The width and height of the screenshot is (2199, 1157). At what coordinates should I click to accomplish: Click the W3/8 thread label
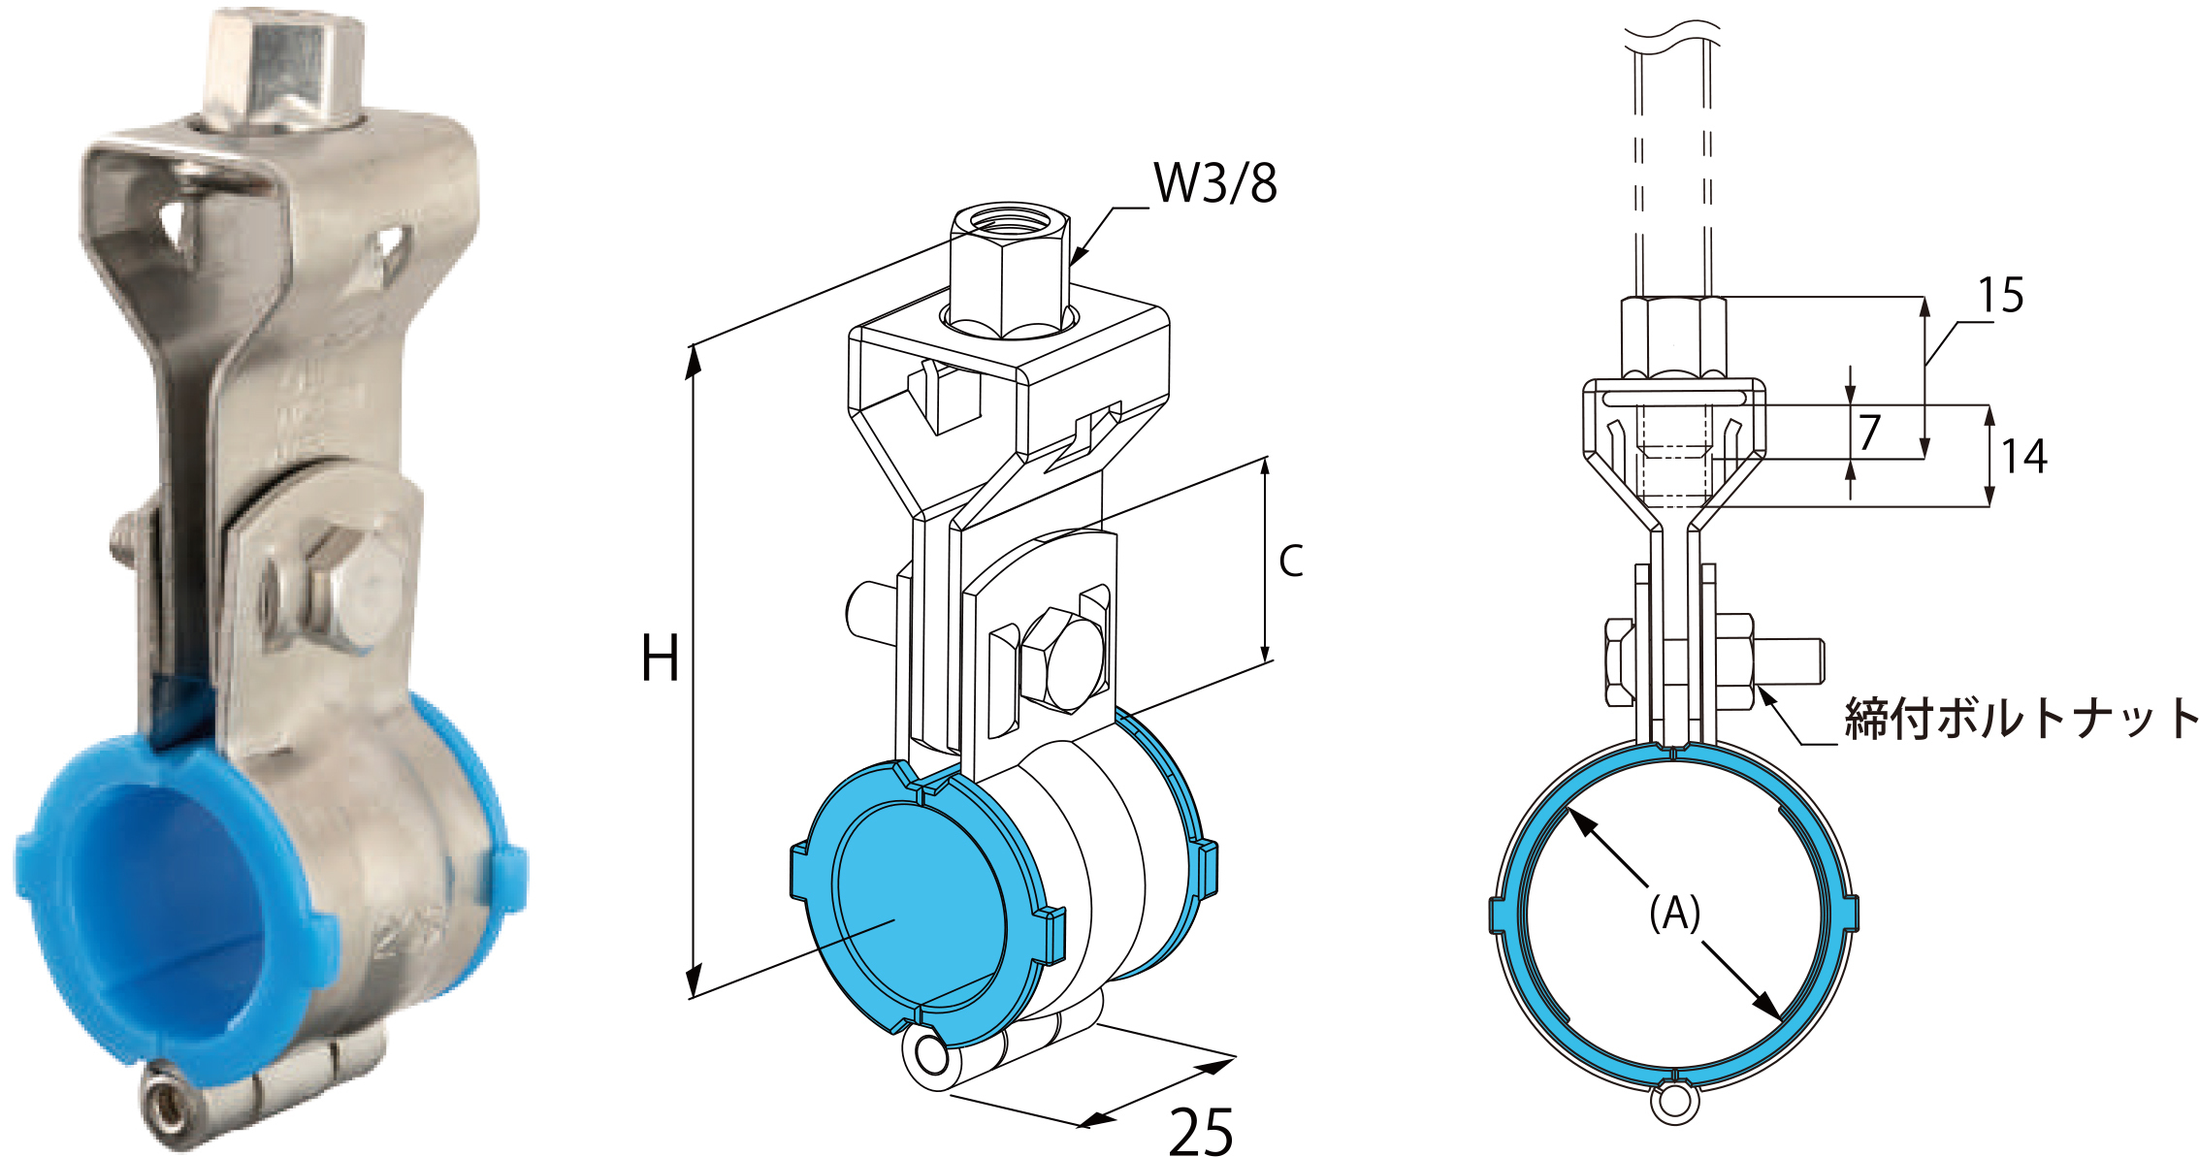point(1214,183)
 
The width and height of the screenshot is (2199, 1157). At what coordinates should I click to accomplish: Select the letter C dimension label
point(1290,561)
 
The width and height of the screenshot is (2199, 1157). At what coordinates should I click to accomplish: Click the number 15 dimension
point(2000,296)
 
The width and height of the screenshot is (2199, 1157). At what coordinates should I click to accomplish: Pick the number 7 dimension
point(1869,432)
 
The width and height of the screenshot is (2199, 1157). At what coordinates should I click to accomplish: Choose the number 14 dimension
point(2024,457)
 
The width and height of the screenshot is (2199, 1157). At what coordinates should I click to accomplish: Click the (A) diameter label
point(1675,913)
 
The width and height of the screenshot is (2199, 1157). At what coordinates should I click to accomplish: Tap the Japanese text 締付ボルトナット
point(2021,719)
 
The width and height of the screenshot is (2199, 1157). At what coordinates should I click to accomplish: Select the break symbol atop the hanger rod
point(1672,37)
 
